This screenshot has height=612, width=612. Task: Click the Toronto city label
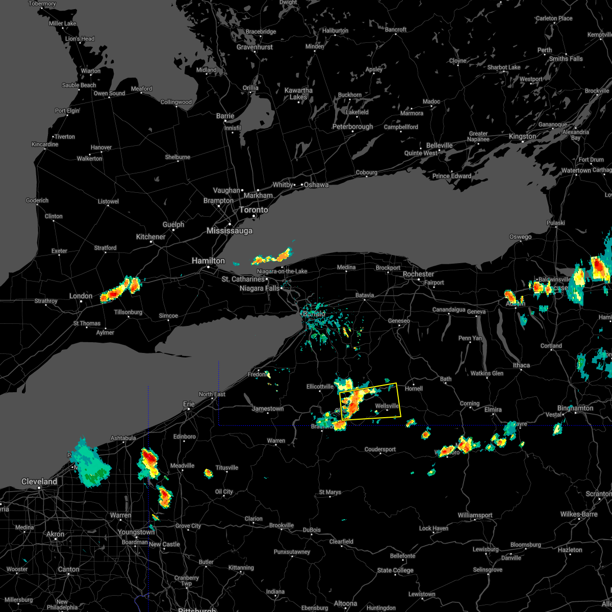253,210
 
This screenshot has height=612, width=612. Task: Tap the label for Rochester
418,274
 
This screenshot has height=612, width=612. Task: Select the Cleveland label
39,481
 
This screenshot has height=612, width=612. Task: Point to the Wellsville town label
387,406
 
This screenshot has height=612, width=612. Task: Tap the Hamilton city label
208,261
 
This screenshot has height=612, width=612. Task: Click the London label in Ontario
81,296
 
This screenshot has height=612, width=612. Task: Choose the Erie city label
189,404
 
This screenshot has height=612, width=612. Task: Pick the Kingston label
522,136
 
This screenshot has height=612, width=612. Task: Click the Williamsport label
475,515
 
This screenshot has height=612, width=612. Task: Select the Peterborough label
352,126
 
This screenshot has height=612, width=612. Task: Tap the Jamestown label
268,409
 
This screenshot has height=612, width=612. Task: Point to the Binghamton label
575,408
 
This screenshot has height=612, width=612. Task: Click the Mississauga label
229,231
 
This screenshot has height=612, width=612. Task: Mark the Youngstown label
136,532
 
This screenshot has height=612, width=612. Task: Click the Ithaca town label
521,365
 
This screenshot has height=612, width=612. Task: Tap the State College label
395,570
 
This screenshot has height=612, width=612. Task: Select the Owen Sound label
109,93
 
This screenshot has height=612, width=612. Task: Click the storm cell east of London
120,290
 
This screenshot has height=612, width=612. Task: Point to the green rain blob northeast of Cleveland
90,465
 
